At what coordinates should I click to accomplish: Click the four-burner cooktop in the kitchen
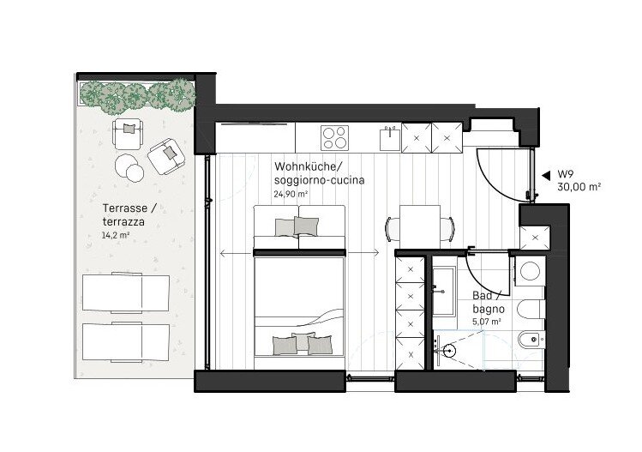335,138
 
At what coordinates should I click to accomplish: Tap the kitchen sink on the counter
390,139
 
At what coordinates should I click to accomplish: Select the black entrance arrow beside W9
546,176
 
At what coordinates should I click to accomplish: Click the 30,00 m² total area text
579,187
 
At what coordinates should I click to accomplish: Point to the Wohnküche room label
308,166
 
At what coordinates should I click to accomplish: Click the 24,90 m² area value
291,194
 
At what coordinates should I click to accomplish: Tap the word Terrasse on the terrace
125,208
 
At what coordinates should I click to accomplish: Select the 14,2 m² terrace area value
116,236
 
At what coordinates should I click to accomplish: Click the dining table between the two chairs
420,226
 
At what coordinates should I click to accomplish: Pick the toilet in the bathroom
531,310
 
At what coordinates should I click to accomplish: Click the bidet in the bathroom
531,340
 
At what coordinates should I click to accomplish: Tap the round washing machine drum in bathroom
531,271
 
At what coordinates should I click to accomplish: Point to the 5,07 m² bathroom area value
487,322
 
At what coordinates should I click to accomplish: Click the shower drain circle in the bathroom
449,351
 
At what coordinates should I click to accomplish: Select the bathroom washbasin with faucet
443,292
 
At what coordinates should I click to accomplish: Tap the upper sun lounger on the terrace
126,292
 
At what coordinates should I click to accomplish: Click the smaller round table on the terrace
135,173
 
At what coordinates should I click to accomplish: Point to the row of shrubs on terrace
137,96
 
